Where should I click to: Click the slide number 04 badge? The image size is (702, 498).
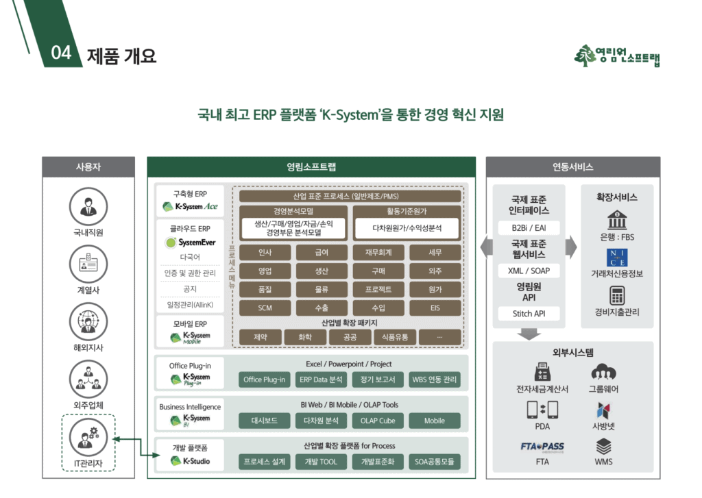click(61, 53)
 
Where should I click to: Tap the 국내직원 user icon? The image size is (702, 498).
click(88, 206)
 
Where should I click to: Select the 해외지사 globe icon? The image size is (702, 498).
click(88, 322)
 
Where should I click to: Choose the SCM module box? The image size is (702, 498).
click(265, 308)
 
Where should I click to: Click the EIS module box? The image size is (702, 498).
click(435, 308)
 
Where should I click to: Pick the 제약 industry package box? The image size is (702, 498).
click(261, 337)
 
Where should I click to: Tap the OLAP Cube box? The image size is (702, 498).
click(378, 421)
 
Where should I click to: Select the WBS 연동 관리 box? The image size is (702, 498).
click(435, 379)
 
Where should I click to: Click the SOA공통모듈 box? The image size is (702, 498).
click(435, 462)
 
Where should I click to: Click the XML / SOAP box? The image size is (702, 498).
click(529, 271)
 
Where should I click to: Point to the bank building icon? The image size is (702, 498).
click(617, 220)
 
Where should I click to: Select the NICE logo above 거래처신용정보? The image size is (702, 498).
click(617, 257)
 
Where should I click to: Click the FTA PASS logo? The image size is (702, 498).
click(542, 447)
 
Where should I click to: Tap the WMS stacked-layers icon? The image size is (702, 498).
click(603, 447)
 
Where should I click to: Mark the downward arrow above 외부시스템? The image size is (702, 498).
click(529, 334)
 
